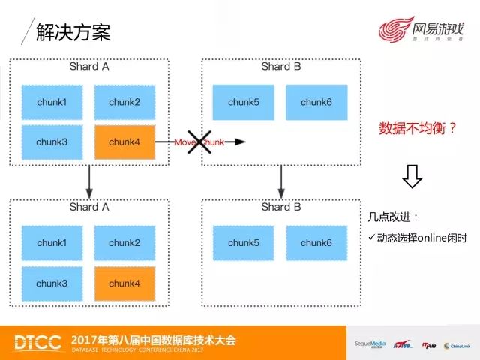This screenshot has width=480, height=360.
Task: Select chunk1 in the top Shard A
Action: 52,103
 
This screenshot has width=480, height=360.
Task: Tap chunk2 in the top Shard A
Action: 124,103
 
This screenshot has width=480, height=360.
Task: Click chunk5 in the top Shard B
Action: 243,103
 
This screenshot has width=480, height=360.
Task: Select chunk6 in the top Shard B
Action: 316,103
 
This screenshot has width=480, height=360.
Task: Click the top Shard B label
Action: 280,67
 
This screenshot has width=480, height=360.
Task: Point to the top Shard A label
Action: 88,67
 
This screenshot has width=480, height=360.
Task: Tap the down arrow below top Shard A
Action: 89,179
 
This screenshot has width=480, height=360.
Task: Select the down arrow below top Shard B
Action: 281,179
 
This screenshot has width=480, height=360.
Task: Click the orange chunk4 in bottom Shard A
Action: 124,283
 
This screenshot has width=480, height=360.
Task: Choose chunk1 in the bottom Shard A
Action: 52,243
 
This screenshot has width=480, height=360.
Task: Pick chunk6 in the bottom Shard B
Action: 316,243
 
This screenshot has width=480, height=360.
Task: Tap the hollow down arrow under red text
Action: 412,177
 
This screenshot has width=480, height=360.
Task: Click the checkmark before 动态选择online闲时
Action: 371,238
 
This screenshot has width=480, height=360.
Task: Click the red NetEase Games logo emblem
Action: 394,34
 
